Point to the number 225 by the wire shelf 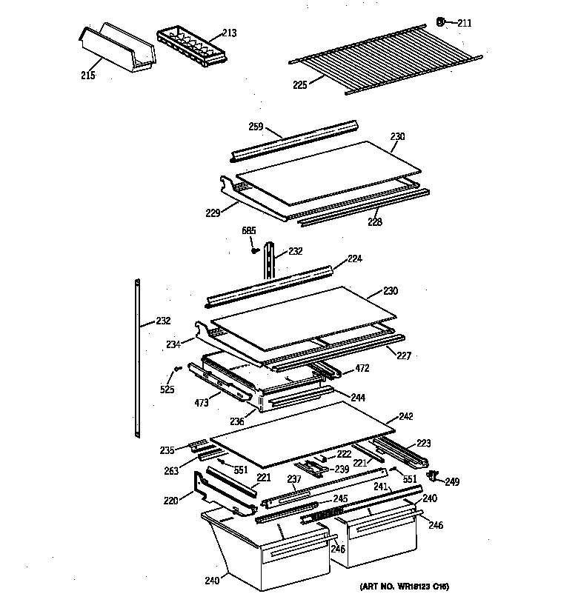(299, 84)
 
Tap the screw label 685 (249, 230)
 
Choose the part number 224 (354, 258)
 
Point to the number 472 (362, 367)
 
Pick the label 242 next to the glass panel (405, 416)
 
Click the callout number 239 (342, 469)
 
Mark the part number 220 (170, 500)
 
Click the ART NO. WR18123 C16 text (405, 587)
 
